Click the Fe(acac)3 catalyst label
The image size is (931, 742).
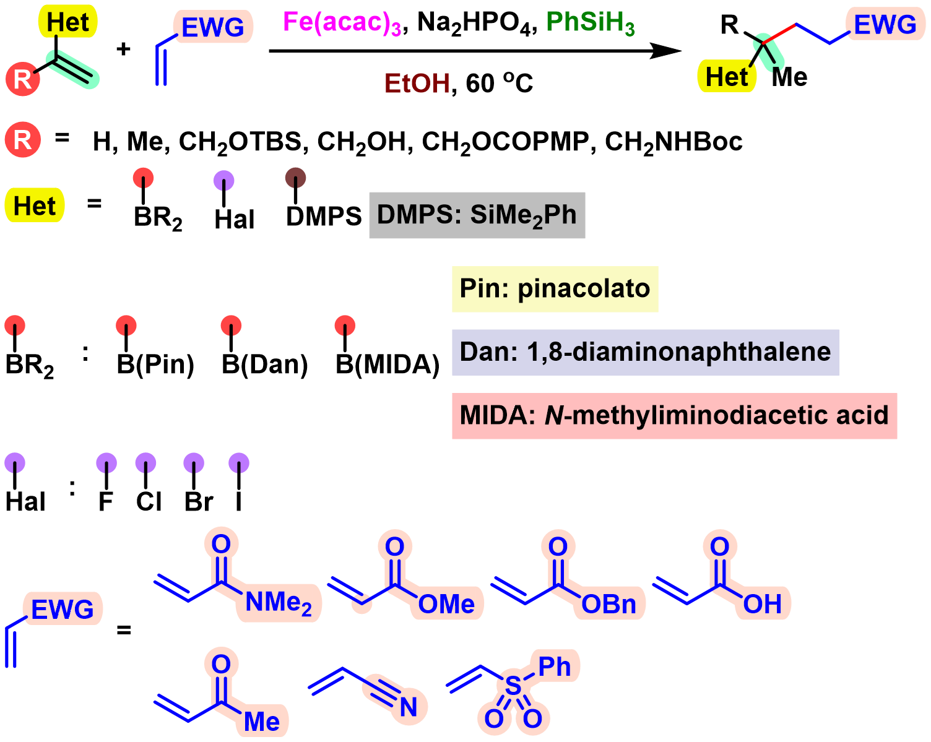342,23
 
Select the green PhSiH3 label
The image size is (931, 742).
590,23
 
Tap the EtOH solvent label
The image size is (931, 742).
417,83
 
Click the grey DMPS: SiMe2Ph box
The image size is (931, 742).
477,215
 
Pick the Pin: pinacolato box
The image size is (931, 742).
555,289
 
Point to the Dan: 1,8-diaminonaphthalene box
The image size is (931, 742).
645,352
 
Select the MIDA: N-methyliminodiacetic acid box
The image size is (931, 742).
674,415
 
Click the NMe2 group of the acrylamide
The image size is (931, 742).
278,602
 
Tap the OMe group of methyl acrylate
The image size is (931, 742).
446,604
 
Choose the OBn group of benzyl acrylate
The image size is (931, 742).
608,604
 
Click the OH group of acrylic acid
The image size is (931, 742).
762,604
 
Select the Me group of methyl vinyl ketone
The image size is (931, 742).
261,722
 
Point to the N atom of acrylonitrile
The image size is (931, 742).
408,707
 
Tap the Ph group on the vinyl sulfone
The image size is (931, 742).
554,667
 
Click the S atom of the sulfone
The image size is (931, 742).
513,686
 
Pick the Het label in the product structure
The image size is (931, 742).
727,77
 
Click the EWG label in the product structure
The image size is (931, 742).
885,25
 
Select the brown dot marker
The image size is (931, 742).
295,178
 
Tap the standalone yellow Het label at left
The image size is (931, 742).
35,205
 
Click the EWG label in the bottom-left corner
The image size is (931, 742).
62,610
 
